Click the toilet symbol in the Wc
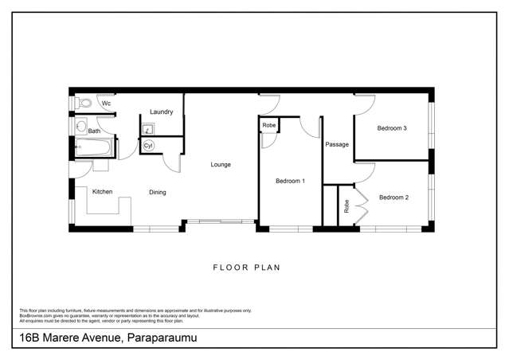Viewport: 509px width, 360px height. (x=85, y=103)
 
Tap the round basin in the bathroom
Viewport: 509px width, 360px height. (x=81, y=126)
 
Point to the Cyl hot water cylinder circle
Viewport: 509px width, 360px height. (x=148, y=147)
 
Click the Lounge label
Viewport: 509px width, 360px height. (x=221, y=165)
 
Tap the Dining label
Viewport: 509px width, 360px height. (x=158, y=192)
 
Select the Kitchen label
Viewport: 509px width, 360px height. (x=102, y=192)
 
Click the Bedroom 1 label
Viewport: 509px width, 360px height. (x=290, y=182)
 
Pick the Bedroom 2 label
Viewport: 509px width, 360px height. (x=393, y=198)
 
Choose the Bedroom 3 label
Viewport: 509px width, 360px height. (x=392, y=128)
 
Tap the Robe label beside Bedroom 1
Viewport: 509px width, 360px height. (x=269, y=126)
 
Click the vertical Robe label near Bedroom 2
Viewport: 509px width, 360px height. (x=347, y=207)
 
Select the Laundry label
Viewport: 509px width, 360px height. (x=161, y=112)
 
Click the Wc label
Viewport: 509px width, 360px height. (x=105, y=104)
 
